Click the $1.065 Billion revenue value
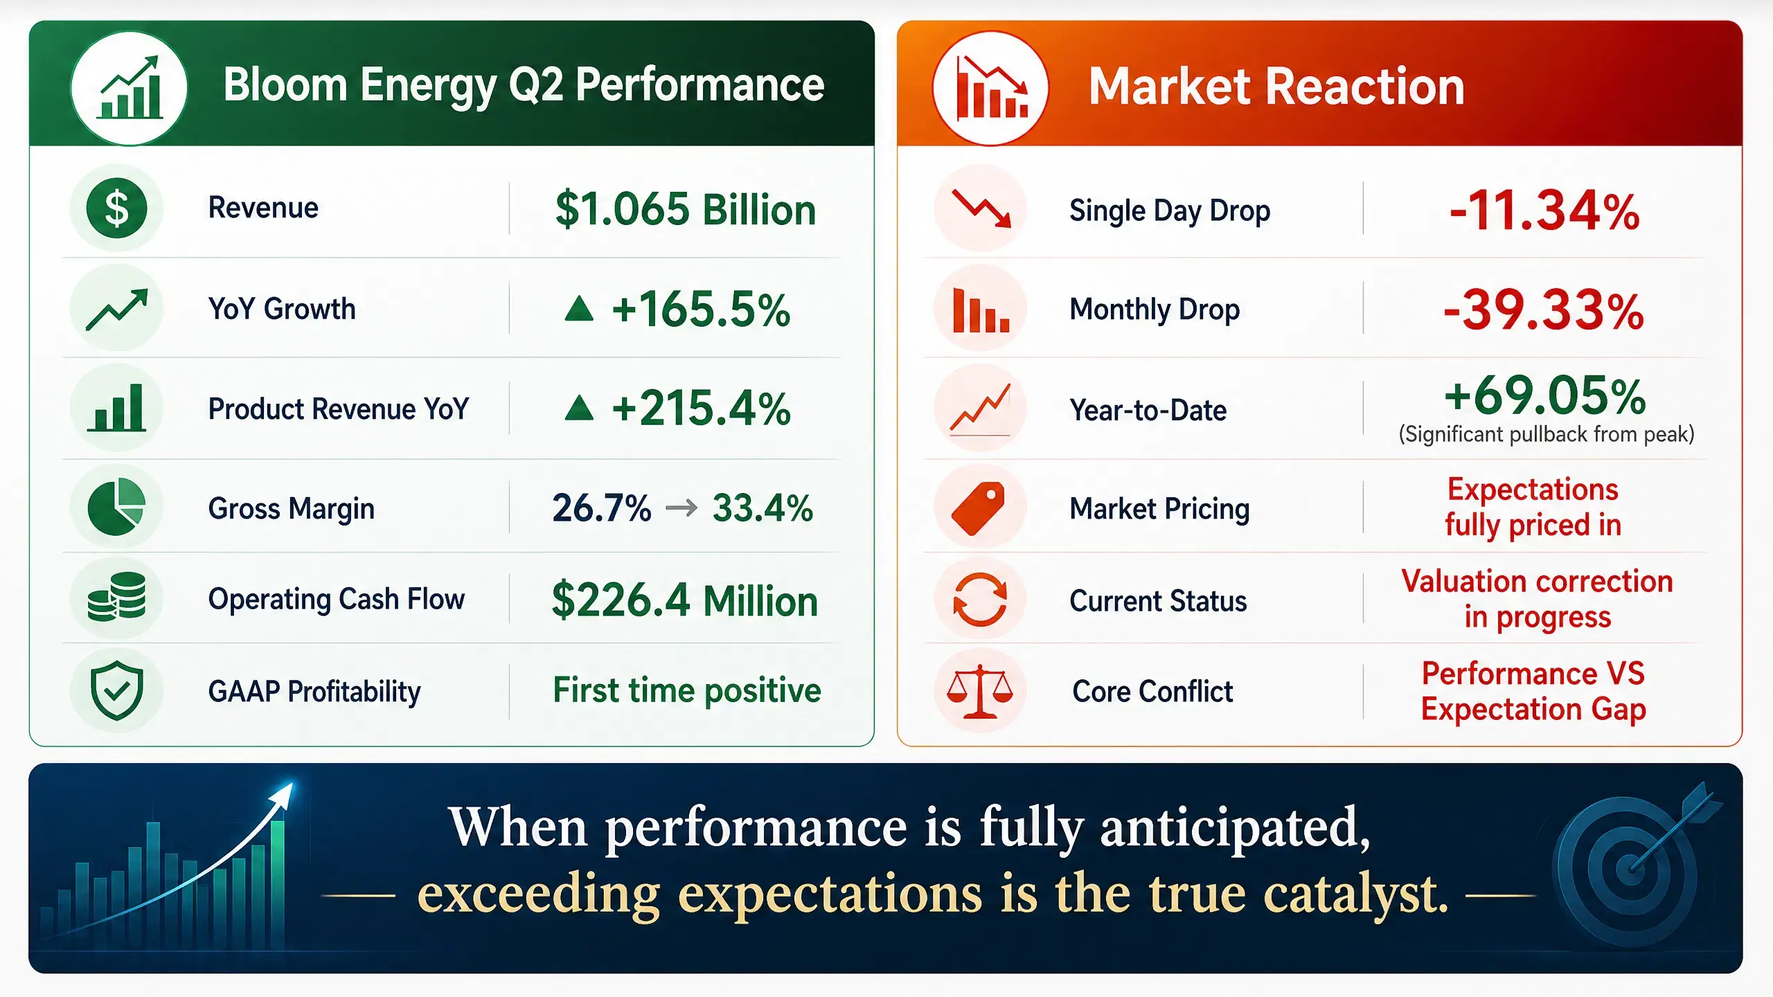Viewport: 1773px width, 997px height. pyautogui.click(x=686, y=209)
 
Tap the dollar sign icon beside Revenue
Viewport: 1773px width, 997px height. pyautogui.click(x=116, y=208)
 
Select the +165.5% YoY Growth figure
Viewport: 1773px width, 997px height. pyautogui.click(x=701, y=309)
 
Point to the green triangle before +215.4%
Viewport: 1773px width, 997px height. pyautogui.click(x=579, y=408)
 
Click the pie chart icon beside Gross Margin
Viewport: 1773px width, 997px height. pyautogui.click(x=116, y=507)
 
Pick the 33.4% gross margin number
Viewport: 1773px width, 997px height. pyautogui.click(x=763, y=508)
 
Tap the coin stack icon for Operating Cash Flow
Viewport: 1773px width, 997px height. pyautogui.click(x=116, y=596)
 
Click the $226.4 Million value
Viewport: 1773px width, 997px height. pyautogui.click(x=684, y=600)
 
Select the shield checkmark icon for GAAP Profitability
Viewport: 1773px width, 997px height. pyautogui.click(x=116, y=690)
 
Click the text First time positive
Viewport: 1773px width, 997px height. pyautogui.click(x=687, y=690)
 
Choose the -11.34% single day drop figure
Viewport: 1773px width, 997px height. pyautogui.click(x=1544, y=210)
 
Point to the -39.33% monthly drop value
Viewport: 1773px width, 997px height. pyautogui.click(x=1544, y=309)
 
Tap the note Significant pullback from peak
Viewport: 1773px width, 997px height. pyautogui.click(x=1547, y=434)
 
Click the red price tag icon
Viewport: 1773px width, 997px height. pyautogui.click(x=978, y=509)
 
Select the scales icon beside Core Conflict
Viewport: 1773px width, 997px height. pyautogui.click(x=980, y=691)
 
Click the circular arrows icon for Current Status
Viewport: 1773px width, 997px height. pyautogui.click(x=980, y=600)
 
